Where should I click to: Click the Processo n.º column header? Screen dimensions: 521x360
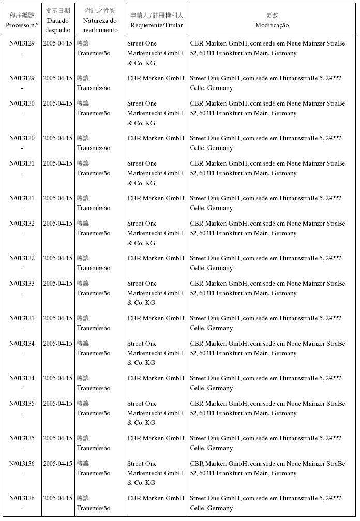(x=21, y=25)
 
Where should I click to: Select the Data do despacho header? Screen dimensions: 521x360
(x=57, y=25)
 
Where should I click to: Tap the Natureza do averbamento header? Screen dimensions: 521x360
(x=100, y=25)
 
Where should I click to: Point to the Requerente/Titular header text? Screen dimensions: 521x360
(x=157, y=25)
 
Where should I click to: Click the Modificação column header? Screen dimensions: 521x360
(x=272, y=25)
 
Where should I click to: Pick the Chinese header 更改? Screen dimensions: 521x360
(x=272, y=16)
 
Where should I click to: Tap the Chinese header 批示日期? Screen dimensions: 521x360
(x=57, y=11)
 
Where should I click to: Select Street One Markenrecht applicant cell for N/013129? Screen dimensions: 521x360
(x=155, y=53)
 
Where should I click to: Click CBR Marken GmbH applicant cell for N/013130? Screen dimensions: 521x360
(x=156, y=138)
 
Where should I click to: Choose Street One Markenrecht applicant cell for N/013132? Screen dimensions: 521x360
(x=155, y=233)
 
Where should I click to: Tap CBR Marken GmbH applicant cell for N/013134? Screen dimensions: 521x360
(x=156, y=378)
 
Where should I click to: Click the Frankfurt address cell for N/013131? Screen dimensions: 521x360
(x=267, y=168)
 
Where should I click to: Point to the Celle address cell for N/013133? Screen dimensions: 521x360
(x=265, y=323)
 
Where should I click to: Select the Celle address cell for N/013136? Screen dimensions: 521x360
(x=265, y=503)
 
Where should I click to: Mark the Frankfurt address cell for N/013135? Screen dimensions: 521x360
(x=267, y=408)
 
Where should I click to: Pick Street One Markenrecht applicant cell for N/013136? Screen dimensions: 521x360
(x=155, y=473)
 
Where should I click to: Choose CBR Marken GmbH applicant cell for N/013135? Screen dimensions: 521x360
(x=156, y=438)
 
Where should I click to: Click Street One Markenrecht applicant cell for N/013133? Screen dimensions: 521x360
(x=155, y=293)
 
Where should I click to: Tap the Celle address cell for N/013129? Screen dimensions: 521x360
(x=265, y=83)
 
